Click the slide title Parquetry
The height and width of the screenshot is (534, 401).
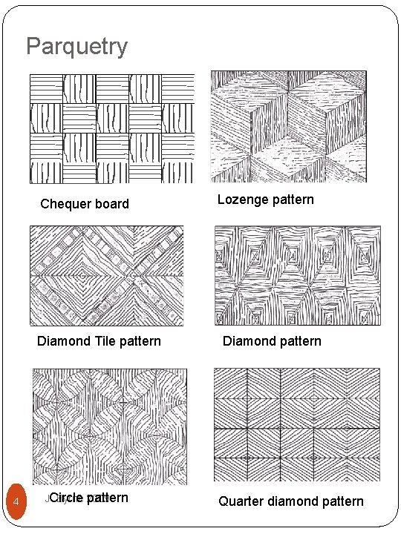click(x=76, y=47)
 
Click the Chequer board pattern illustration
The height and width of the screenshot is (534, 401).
click(x=111, y=128)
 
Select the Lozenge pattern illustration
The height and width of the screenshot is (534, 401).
click(x=289, y=126)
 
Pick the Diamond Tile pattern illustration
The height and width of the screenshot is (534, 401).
click(x=105, y=275)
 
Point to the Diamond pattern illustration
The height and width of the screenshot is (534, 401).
click(x=297, y=275)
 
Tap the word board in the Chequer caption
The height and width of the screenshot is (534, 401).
click(x=111, y=204)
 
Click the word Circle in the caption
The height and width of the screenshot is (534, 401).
click(x=65, y=498)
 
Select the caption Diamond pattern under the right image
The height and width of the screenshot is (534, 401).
click(x=272, y=341)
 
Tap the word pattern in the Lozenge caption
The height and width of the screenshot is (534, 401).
click(x=293, y=200)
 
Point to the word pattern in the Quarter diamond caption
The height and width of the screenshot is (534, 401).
click(x=343, y=501)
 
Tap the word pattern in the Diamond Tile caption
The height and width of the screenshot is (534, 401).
click(x=140, y=341)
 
